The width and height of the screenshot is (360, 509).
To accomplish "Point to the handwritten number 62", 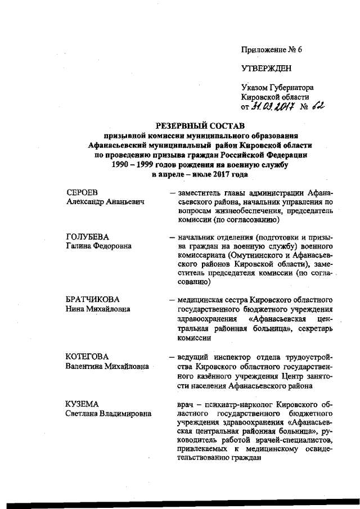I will pos(319,106).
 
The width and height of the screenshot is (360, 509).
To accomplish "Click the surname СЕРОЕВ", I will pos(82,192).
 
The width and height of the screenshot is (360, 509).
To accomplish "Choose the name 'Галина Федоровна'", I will pos(98,246).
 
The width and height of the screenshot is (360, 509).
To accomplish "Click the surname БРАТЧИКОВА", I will pos(93,299).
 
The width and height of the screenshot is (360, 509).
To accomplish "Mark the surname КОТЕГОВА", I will pos(87,357).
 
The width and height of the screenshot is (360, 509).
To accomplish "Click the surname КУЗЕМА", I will pos(82,404).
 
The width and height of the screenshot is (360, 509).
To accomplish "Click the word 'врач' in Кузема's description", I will pos(185,404).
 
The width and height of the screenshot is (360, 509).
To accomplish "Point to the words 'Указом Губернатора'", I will pos(277,88).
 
